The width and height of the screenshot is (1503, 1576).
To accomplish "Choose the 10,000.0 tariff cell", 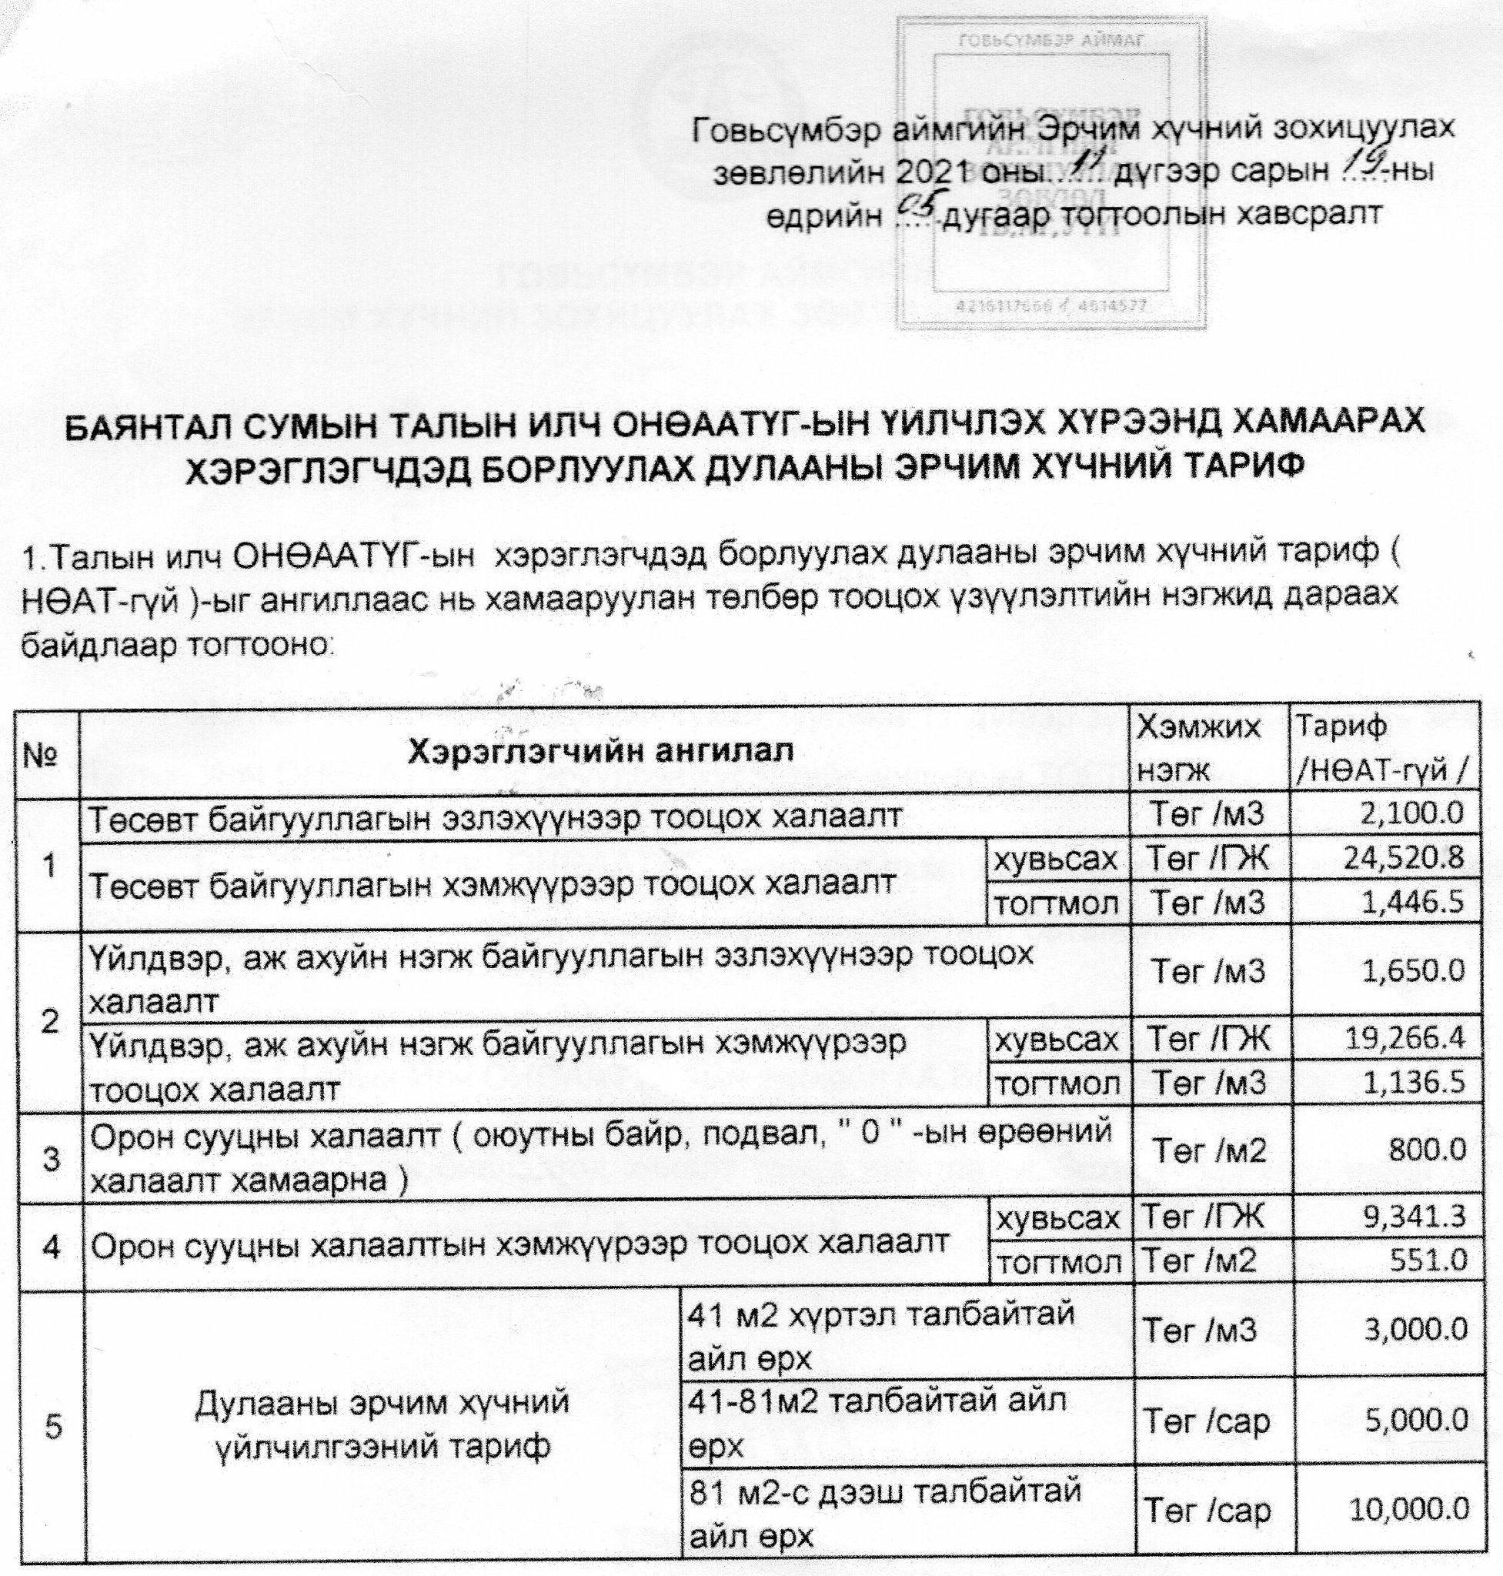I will click(x=1409, y=1511).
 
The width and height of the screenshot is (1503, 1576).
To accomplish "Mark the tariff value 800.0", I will click(x=1430, y=1150).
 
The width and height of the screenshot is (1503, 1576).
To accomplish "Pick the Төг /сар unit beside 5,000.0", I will click(x=1207, y=1421).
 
